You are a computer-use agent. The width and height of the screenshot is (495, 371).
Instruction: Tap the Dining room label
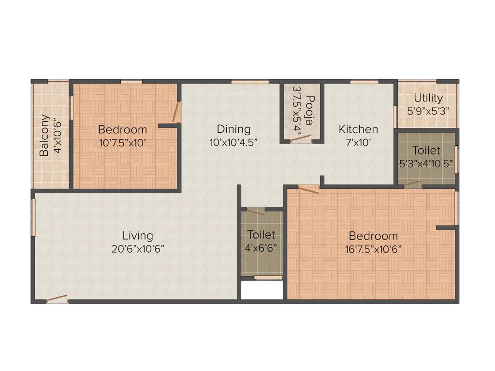pos(233,129)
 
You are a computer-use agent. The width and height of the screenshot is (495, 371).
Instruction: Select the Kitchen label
pos(358,129)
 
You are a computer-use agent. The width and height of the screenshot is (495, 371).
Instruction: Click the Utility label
pos(428,98)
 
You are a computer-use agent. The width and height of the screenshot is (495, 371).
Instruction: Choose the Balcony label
pos(44,135)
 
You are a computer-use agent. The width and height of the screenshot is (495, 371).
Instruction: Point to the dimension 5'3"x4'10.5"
pos(426,163)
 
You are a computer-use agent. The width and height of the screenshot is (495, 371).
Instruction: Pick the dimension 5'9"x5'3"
pos(428,110)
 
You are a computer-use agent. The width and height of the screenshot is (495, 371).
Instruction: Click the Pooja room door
pos(300,139)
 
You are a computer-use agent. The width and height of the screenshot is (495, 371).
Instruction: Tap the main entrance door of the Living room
pos(57,299)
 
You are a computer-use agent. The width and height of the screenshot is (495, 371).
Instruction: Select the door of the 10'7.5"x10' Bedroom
pos(177,112)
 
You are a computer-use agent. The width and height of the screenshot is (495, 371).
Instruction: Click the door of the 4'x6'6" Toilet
pos(255,211)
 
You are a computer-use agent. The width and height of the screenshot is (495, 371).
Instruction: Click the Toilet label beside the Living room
pos(261,235)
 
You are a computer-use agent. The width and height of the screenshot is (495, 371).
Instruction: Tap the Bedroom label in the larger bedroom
pos(373,236)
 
